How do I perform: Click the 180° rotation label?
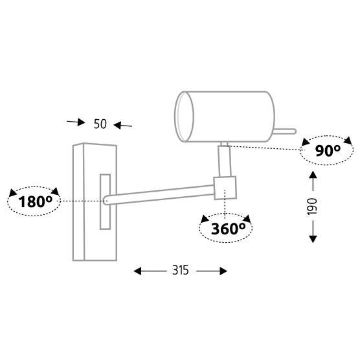(x=36, y=201)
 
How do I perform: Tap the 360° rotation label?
(x=228, y=229)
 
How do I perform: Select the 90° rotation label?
(x=328, y=151)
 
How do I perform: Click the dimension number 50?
(x=100, y=124)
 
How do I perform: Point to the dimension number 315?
(x=181, y=270)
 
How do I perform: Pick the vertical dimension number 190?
(x=312, y=207)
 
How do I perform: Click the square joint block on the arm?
(x=225, y=188)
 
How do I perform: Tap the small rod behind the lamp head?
(x=285, y=131)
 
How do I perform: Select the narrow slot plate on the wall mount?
(x=105, y=202)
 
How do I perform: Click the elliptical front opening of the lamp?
(x=184, y=117)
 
